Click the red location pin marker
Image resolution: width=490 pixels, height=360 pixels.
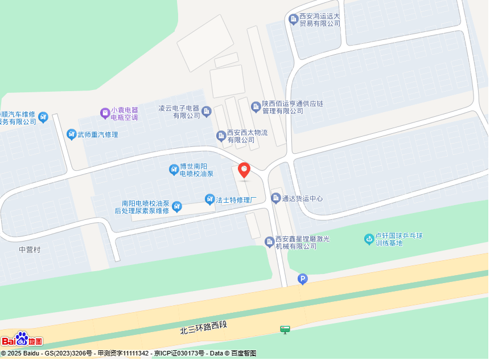[x=244, y=170]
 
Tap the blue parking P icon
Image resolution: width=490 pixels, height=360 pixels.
[x=303, y=279]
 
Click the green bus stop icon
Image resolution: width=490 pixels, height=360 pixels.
[x=285, y=329]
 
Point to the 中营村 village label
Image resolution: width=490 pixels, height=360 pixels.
[x=30, y=249]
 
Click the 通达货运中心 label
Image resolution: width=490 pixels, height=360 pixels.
[x=302, y=198]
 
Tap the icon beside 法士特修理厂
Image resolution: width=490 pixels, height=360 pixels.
[x=209, y=199]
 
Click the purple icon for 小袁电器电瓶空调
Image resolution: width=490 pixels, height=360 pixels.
[x=105, y=113]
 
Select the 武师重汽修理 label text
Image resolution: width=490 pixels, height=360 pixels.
[x=98, y=134]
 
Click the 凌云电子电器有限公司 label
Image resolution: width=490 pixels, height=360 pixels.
[x=179, y=112]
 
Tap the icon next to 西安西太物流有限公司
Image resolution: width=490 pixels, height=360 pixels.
[x=221, y=136]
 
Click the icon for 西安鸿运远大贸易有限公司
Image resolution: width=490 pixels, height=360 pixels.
[x=294, y=19]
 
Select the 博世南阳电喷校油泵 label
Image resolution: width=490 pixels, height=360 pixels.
[x=196, y=170]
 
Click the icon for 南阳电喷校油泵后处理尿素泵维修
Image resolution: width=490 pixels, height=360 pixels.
[x=177, y=206]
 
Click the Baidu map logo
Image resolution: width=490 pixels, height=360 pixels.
[x=22, y=339]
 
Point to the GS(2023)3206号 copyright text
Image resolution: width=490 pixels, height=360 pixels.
[x=68, y=354]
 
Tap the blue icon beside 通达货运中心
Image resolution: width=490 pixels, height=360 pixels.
[x=276, y=198]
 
